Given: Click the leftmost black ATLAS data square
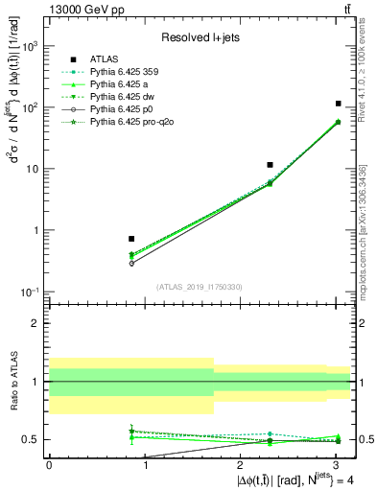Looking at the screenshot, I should point(131,239).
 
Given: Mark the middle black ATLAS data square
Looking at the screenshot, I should point(271,165).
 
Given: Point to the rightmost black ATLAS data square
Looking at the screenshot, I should point(338,104).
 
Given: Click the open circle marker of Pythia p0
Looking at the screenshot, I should point(131,263).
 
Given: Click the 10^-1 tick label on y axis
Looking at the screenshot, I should point(30,292).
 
